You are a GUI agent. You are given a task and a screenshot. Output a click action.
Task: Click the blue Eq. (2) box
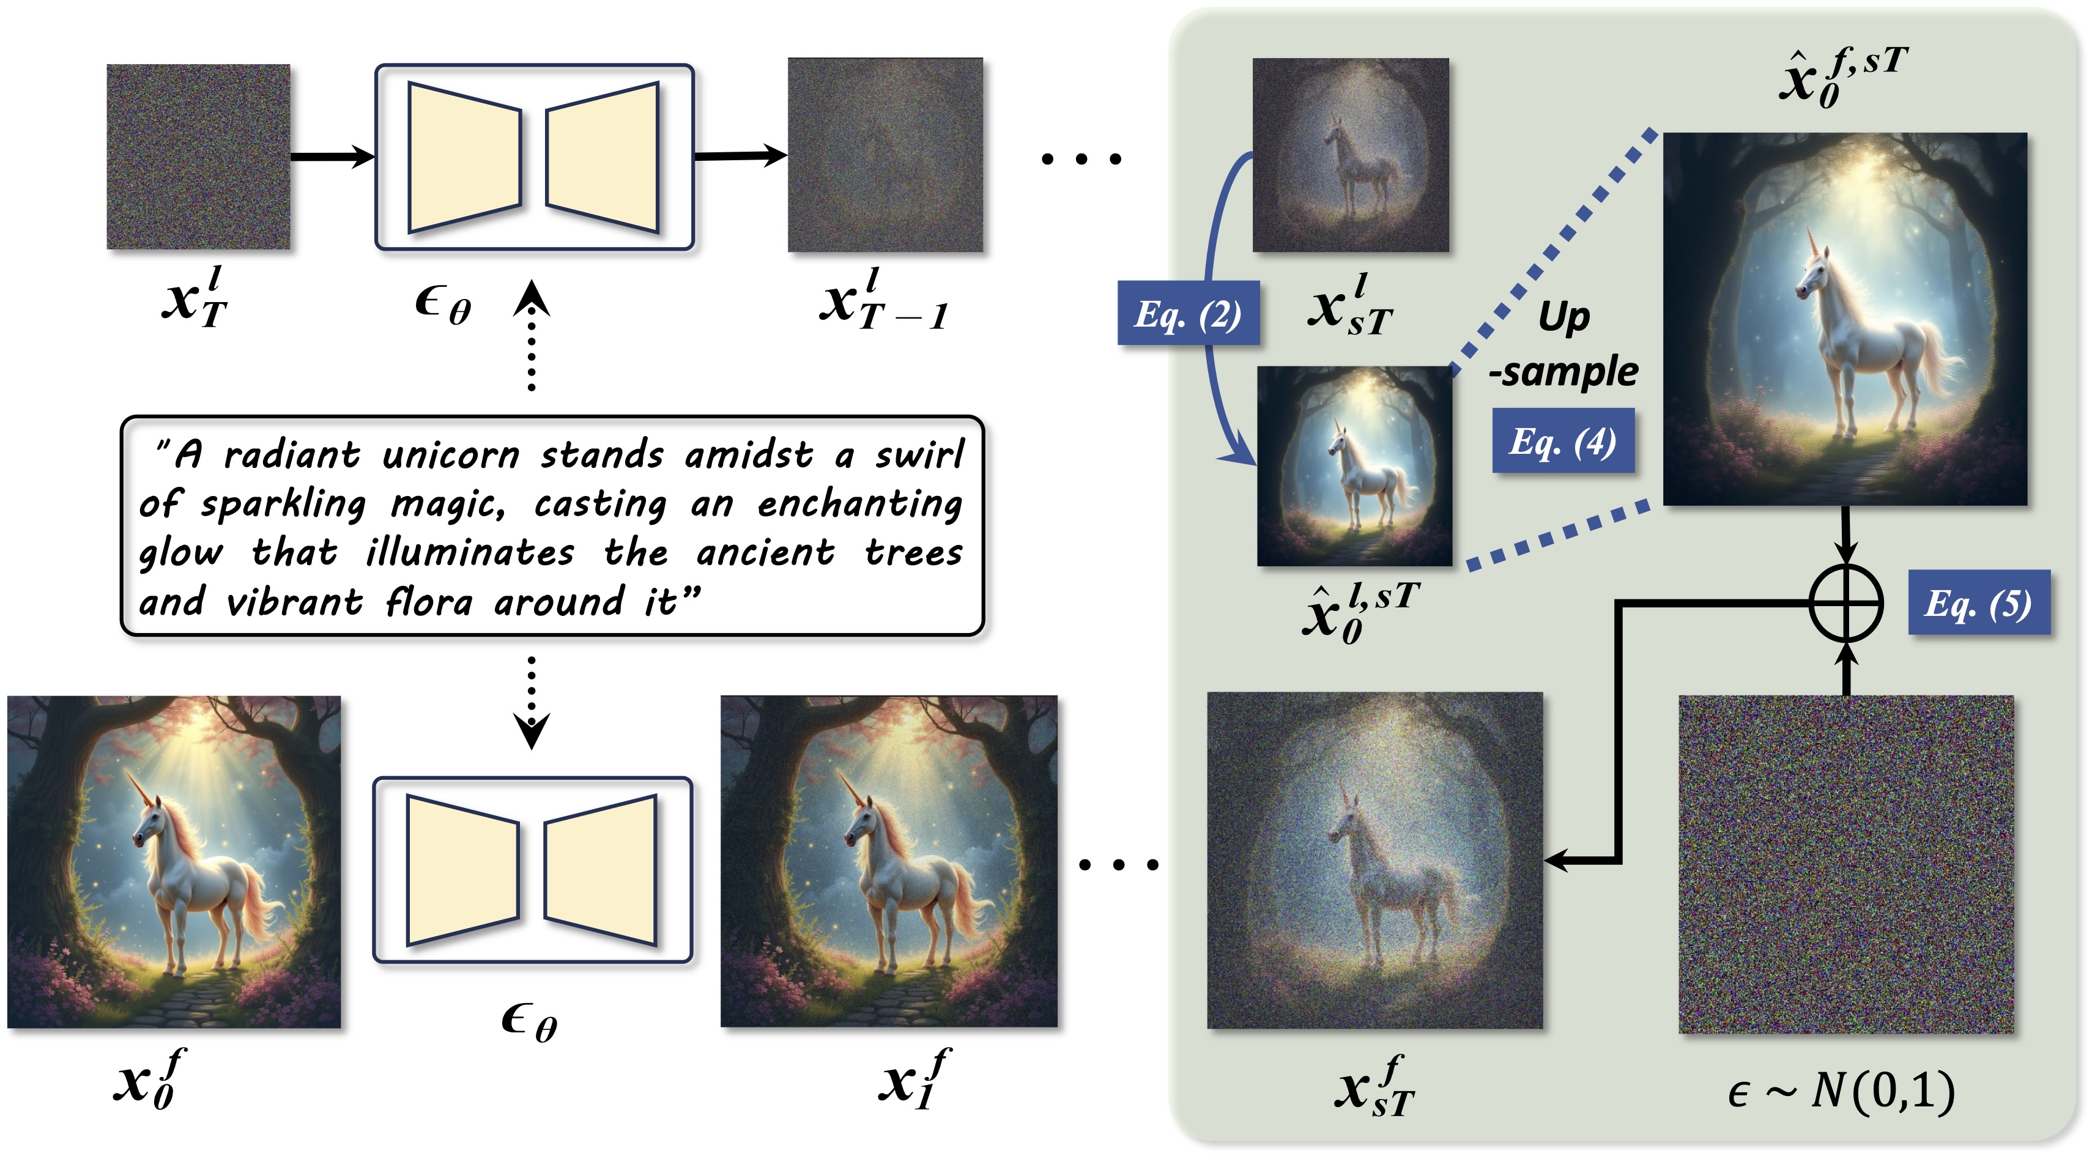[x=1188, y=314]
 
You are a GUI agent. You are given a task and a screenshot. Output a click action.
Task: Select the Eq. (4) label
[x=1562, y=441]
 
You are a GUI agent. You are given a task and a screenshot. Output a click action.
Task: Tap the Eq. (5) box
[x=1978, y=602]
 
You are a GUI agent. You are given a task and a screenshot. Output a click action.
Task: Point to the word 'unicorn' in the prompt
[x=451, y=456]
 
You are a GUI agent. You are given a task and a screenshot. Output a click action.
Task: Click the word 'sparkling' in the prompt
[x=283, y=505]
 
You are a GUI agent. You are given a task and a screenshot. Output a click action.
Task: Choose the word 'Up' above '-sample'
[x=1563, y=317]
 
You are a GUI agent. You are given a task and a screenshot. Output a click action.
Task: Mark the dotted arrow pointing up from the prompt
[x=532, y=337]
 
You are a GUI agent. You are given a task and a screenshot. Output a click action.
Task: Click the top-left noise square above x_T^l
[x=199, y=157]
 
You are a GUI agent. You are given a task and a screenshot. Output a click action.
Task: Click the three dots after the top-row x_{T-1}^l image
[x=1081, y=159]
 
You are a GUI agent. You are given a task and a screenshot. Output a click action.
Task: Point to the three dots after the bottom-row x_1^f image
[x=1118, y=865]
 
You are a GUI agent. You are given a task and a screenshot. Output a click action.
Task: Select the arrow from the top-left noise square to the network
[x=332, y=156]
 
